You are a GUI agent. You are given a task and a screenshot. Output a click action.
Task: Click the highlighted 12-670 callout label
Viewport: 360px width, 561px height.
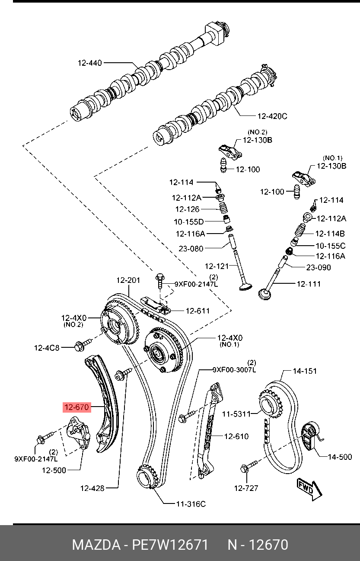click(x=76, y=407)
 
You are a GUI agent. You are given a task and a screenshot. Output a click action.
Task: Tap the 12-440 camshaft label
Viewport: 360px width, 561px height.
click(x=90, y=63)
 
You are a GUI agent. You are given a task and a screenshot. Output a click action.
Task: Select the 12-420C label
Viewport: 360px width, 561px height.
click(x=272, y=116)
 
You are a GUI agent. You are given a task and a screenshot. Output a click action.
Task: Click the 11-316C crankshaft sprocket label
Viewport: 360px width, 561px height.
click(x=191, y=504)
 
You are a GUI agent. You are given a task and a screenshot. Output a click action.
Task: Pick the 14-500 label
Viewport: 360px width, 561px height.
click(x=340, y=457)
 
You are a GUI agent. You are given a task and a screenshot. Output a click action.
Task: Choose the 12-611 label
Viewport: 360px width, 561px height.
click(x=198, y=311)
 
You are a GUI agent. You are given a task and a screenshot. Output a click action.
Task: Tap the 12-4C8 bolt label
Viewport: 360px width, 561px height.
click(x=47, y=347)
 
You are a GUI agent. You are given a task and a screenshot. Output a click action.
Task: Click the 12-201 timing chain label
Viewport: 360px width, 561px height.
click(x=128, y=280)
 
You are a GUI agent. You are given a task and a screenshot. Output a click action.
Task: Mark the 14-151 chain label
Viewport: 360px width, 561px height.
click(x=305, y=371)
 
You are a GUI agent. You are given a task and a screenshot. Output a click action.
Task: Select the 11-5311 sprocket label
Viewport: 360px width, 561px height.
click(x=236, y=414)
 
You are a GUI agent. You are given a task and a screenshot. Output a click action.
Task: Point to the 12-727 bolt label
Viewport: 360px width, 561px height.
click(x=246, y=488)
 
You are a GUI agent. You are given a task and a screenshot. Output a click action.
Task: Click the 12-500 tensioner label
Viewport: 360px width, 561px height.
click(x=54, y=470)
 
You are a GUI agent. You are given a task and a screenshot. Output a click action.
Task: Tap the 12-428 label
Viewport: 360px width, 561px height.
click(x=92, y=488)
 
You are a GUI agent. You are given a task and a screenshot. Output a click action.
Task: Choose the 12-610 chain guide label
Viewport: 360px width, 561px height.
click(x=236, y=436)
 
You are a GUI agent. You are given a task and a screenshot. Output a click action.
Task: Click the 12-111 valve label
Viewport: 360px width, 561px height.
click(x=309, y=284)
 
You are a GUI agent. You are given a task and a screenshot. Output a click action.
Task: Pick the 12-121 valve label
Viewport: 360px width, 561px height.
click(x=217, y=266)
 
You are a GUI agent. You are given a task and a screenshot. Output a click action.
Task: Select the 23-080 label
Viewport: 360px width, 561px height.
click(x=191, y=249)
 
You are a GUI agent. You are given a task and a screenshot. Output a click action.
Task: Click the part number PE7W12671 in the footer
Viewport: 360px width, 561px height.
click(x=170, y=545)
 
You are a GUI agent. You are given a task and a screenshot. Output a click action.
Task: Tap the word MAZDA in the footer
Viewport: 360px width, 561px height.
click(x=96, y=545)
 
